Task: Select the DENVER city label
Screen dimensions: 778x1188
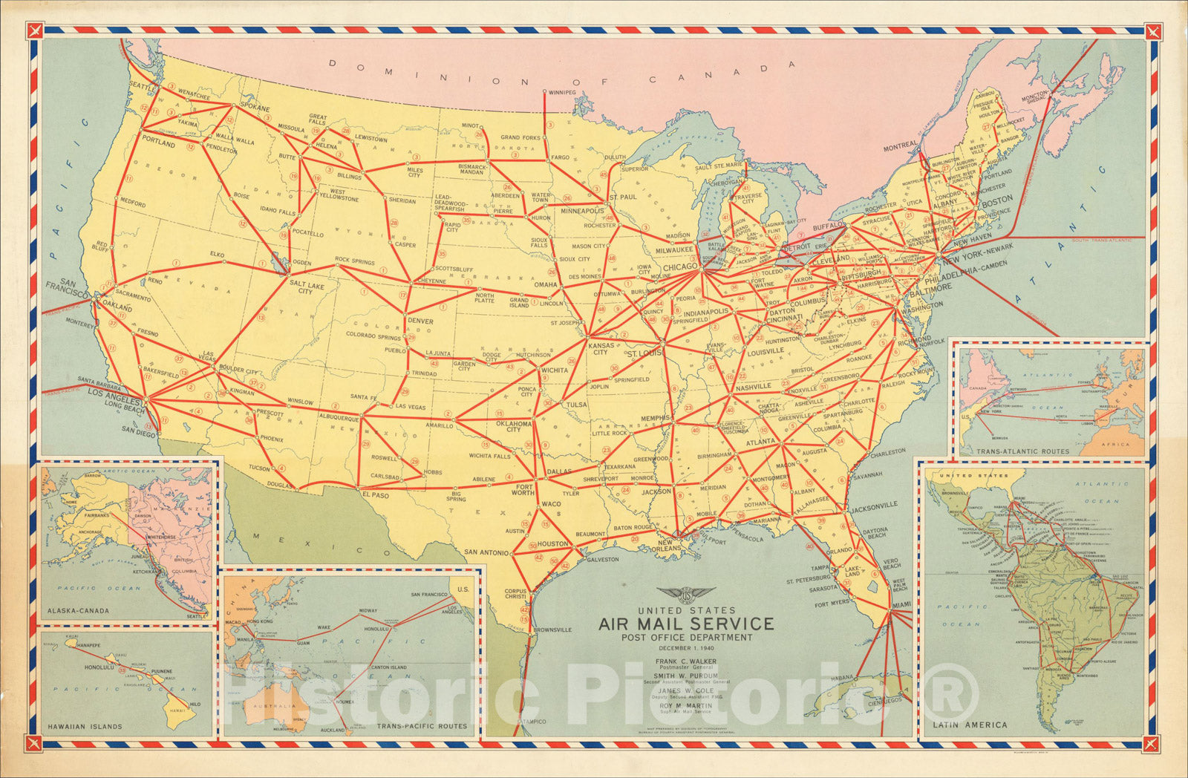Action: (x=420, y=321)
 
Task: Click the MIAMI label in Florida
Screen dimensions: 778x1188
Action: (x=901, y=605)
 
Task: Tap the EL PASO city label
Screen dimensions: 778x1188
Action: (x=376, y=494)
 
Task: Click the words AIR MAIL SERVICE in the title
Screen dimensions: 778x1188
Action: (x=686, y=624)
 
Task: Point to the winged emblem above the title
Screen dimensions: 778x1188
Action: (x=686, y=595)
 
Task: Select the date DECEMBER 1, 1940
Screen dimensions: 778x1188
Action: (x=686, y=647)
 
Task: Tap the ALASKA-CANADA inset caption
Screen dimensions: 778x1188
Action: (x=78, y=611)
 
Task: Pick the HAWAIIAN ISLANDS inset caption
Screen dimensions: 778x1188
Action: (x=85, y=726)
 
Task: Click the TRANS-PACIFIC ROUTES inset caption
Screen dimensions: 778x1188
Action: (x=422, y=726)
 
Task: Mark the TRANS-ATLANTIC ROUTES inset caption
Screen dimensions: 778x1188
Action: (x=1023, y=451)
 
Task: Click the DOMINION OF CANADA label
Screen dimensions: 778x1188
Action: (x=561, y=73)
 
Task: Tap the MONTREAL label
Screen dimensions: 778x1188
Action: (x=900, y=147)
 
